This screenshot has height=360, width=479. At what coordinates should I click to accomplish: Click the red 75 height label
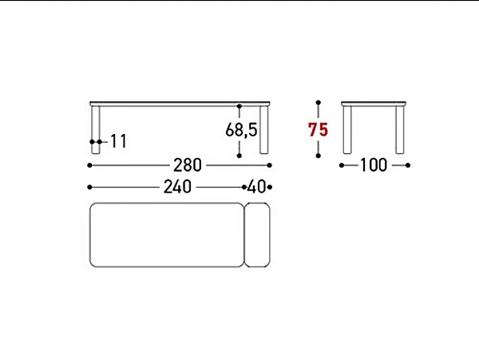[318, 129]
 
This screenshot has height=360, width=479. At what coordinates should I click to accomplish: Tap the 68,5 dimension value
[241, 129]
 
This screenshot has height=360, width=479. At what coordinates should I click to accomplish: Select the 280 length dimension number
[188, 165]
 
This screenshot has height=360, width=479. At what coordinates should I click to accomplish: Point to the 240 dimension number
[177, 187]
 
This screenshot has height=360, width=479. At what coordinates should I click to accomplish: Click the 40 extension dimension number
[256, 187]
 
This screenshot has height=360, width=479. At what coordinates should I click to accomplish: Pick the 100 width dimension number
[374, 165]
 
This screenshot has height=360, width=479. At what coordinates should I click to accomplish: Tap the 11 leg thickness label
[118, 141]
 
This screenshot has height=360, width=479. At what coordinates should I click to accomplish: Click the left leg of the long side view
[95, 130]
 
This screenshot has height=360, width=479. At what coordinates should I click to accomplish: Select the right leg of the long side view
[264, 130]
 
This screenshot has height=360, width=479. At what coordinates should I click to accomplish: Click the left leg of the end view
[347, 130]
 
